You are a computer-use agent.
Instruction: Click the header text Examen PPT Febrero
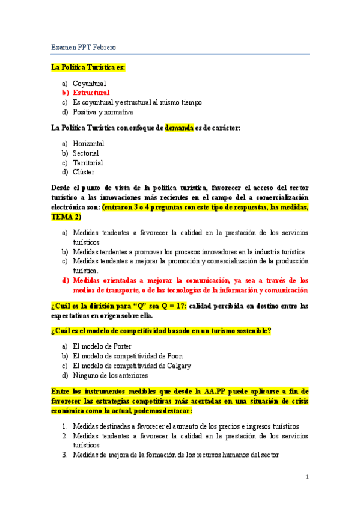(x=84, y=47)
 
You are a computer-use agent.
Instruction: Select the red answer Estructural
(x=91, y=93)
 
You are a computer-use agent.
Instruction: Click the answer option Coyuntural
(x=89, y=84)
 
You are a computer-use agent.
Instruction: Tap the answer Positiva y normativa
(x=103, y=112)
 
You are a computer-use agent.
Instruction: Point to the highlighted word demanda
(x=179, y=127)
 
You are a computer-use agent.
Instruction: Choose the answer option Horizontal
(x=88, y=144)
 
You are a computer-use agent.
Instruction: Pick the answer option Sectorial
(x=86, y=153)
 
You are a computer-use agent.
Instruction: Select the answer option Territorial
(x=88, y=162)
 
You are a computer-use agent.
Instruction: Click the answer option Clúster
(x=84, y=172)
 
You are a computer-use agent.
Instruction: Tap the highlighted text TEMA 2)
(x=66, y=217)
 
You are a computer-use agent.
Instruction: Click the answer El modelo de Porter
(x=102, y=346)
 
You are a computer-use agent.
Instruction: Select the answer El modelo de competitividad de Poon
(x=127, y=356)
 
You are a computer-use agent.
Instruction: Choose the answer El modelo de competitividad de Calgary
(x=132, y=366)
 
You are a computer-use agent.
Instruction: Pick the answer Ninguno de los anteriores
(x=110, y=375)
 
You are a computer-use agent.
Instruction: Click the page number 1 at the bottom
(x=307, y=477)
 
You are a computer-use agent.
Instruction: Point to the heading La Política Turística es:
(x=88, y=67)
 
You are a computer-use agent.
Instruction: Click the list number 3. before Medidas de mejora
(x=64, y=455)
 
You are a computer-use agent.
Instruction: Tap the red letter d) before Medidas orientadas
(x=65, y=280)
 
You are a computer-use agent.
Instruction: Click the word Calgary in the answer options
(x=176, y=366)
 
